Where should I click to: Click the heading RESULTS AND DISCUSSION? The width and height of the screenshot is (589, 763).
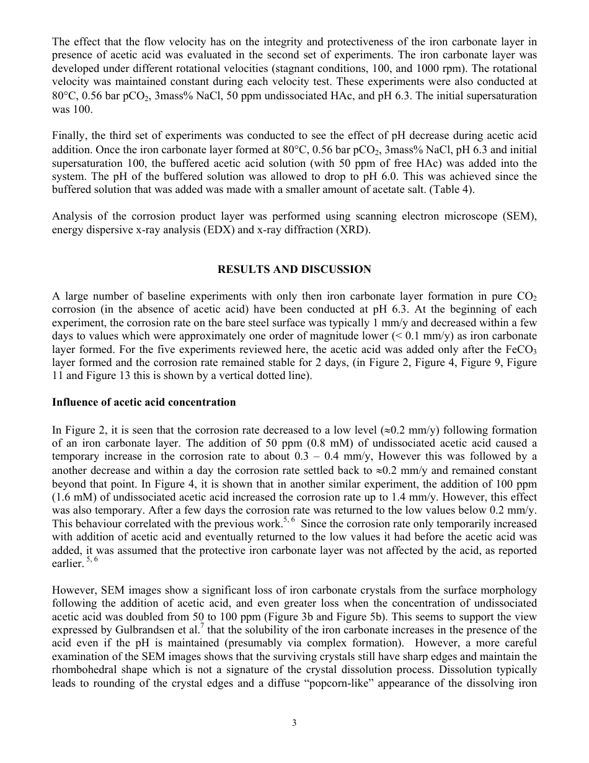(294, 269)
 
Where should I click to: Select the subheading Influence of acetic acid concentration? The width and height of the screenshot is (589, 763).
(144, 402)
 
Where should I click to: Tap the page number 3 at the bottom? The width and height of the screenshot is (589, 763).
(294, 722)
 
